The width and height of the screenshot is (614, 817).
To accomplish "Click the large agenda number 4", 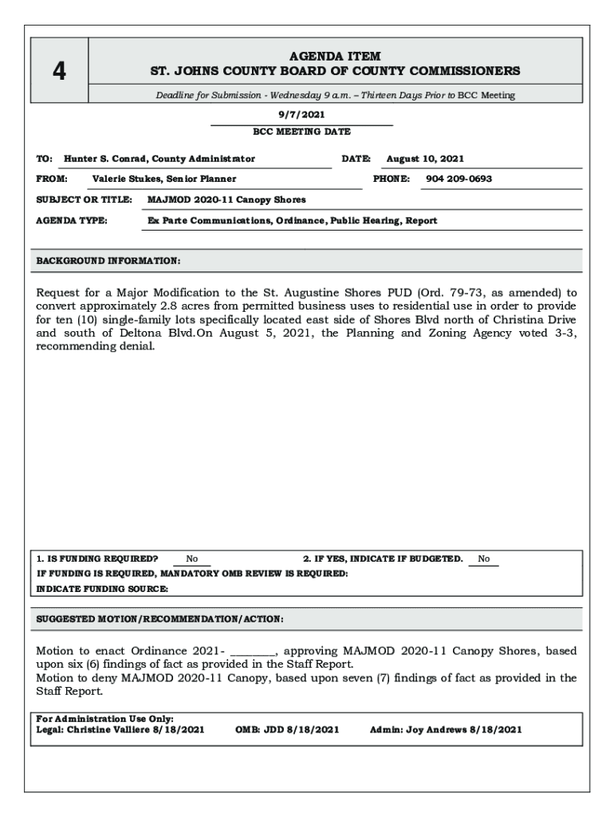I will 59,72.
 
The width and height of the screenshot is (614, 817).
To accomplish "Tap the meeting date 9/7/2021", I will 301,115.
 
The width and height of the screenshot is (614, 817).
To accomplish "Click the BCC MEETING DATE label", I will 301,132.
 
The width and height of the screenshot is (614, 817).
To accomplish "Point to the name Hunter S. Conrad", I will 106,159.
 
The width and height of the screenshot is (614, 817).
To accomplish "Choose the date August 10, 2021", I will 425,159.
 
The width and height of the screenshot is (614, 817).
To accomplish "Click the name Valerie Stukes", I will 127,179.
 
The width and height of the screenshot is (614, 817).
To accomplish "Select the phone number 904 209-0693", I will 459,179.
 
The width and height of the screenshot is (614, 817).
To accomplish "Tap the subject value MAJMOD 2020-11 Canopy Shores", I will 226,199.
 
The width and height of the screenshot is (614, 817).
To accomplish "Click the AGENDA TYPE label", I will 73,220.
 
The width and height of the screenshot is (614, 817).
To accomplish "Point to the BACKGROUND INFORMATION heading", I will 108,261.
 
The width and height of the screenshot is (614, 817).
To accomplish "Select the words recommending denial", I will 95,348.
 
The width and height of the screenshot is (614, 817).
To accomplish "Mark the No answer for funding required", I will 192,559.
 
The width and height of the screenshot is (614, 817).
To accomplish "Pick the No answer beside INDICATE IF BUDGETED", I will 484,559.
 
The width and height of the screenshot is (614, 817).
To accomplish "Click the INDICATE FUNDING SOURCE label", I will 102,589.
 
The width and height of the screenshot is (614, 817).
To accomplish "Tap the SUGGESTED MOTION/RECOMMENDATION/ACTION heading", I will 160,619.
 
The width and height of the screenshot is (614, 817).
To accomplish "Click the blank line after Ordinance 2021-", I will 253,652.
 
